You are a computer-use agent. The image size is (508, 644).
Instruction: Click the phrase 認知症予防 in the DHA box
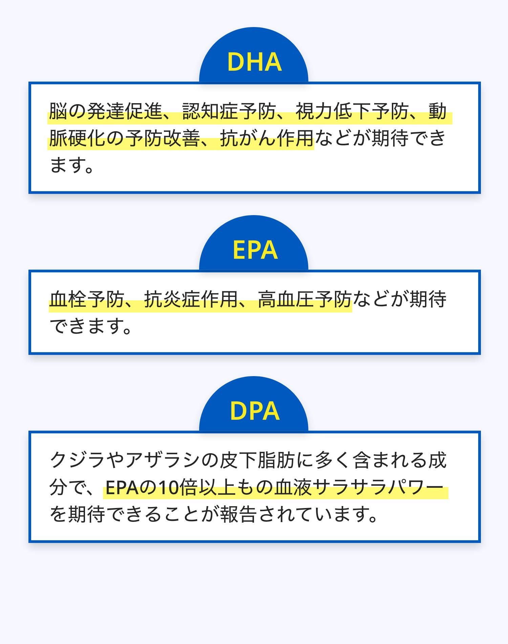point(229,111)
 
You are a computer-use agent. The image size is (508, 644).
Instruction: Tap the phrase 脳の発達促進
point(106,111)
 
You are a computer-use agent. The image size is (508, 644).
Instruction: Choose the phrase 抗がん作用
point(267,138)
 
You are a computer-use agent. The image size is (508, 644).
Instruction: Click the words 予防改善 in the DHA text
point(163,138)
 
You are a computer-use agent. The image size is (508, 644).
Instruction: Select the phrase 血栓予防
point(87,299)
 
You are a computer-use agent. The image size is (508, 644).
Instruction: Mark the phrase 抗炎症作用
point(191,299)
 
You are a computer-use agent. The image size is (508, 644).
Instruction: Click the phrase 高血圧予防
point(305,299)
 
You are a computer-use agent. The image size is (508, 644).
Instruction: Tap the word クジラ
point(78,460)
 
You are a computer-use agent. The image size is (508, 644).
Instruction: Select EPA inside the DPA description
point(122,488)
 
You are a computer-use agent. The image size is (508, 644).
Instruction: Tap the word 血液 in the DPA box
point(293,487)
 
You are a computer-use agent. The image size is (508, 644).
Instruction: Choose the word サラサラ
point(350,487)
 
